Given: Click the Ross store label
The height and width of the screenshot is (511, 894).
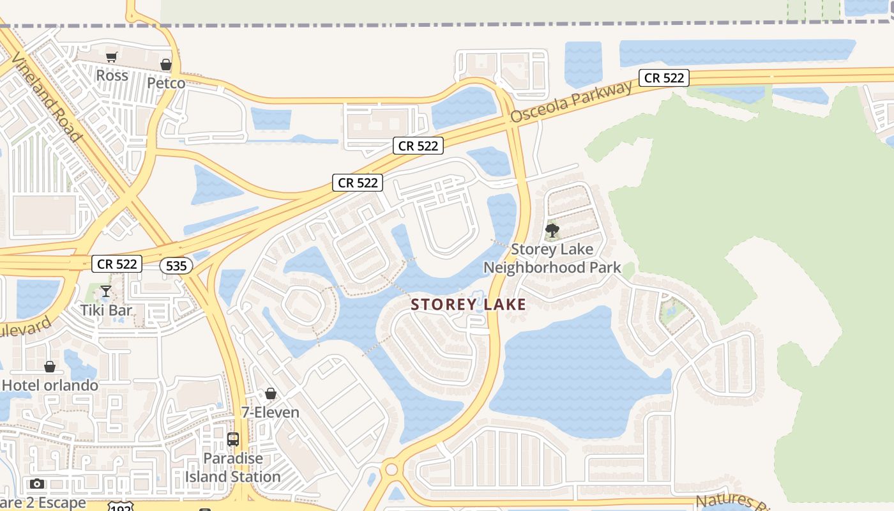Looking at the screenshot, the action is [112, 75].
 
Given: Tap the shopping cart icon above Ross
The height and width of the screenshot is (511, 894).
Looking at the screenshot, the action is [112, 57].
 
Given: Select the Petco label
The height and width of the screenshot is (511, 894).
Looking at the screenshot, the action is [166, 83].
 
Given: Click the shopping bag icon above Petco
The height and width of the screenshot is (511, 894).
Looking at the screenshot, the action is [166, 65].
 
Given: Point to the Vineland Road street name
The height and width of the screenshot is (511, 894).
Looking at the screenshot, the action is [47, 99].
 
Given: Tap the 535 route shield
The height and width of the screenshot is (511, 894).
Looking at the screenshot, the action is [176, 266].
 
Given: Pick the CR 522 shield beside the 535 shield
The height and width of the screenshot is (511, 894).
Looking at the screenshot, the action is [116, 263].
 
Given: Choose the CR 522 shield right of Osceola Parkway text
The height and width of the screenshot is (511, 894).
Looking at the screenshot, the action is [664, 78].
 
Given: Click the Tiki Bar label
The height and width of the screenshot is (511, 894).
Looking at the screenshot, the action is [106, 310].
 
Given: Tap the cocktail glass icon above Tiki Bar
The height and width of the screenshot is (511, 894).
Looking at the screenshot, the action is [106, 292].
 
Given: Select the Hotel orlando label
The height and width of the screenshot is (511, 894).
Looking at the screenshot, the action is [50, 385].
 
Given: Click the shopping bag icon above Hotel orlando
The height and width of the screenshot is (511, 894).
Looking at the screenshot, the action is [50, 367].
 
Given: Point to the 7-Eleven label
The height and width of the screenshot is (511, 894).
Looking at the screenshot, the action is [271, 412].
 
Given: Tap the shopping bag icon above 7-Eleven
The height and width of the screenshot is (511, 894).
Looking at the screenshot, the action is [271, 393].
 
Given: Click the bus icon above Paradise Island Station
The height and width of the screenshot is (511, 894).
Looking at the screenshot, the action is [233, 439].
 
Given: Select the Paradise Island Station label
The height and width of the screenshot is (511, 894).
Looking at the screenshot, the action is [233, 468].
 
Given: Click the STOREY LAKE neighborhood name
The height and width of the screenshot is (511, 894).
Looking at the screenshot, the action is [469, 305].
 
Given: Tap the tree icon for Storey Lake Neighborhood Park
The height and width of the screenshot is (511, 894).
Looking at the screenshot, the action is [552, 230].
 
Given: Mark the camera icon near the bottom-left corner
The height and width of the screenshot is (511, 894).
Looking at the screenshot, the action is [37, 484].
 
